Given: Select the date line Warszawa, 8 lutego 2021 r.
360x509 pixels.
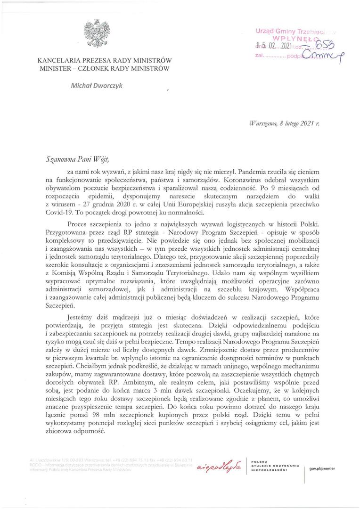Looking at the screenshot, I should (x=285, y=123).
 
